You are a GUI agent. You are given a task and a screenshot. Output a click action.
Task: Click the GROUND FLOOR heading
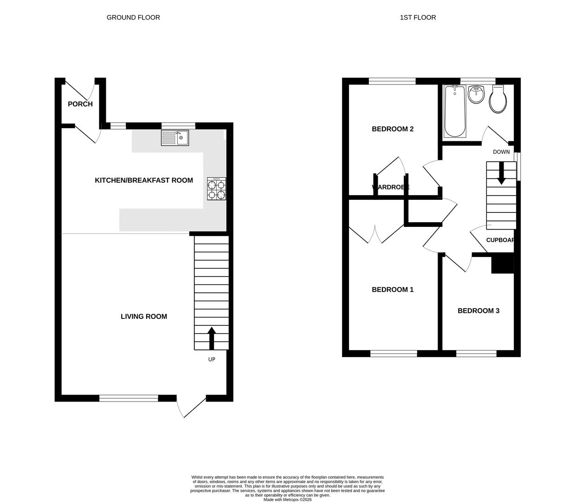click(x=133, y=18)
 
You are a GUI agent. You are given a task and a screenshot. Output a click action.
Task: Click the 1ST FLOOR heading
click(x=418, y=18)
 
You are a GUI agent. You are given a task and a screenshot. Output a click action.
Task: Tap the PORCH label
click(x=80, y=104)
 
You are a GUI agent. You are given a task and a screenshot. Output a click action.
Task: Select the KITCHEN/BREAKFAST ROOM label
click(x=144, y=180)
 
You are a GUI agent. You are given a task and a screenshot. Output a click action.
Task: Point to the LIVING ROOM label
click(x=144, y=317)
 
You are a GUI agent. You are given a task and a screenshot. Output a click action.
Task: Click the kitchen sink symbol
click(x=175, y=138)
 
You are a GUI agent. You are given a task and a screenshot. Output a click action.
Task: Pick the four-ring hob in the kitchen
click(x=216, y=189)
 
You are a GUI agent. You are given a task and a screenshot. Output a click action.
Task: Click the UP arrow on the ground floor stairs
click(x=212, y=338)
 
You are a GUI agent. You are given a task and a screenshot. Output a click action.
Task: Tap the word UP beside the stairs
click(x=212, y=359)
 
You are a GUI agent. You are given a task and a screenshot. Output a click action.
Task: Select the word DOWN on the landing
click(x=501, y=152)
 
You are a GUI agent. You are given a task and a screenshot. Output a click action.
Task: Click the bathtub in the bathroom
click(x=455, y=112)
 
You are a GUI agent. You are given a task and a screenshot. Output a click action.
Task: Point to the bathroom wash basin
click(x=476, y=94)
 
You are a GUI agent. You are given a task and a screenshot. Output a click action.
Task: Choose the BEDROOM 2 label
click(x=393, y=129)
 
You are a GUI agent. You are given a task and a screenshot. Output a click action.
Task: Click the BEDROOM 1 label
click(x=393, y=290)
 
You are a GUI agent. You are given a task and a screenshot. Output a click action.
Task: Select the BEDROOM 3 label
click(x=478, y=311)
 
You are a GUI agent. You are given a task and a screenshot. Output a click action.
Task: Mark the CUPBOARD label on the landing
click(x=500, y=240)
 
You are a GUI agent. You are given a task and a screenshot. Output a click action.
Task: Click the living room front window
click(x=129, y=398)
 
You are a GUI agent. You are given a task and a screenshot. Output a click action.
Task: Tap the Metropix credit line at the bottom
click(x=288, y=500)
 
